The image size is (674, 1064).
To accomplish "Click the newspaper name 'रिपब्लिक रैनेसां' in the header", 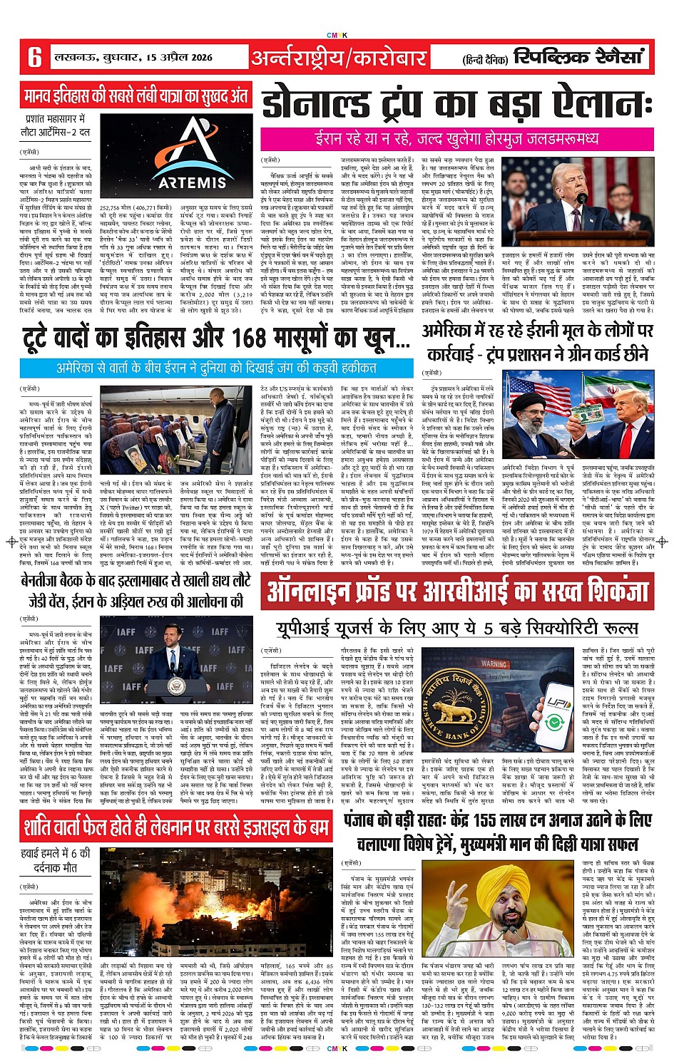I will (x=578, y=56).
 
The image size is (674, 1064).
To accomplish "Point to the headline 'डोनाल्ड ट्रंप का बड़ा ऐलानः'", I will (x=456, y=103).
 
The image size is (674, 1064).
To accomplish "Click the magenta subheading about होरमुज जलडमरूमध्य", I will (x=456, y=138).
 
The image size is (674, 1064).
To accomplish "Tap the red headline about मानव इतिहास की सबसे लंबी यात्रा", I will (x=136, y=95).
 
